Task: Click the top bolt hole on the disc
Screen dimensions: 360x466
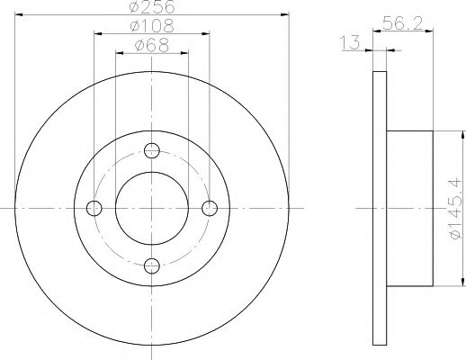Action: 152,150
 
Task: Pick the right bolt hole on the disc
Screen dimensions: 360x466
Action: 210,208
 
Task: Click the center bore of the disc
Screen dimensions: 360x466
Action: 152,208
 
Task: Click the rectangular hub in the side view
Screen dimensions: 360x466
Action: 409,208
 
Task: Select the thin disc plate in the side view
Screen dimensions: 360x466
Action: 379,208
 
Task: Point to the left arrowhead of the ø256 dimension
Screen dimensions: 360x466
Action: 19,14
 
